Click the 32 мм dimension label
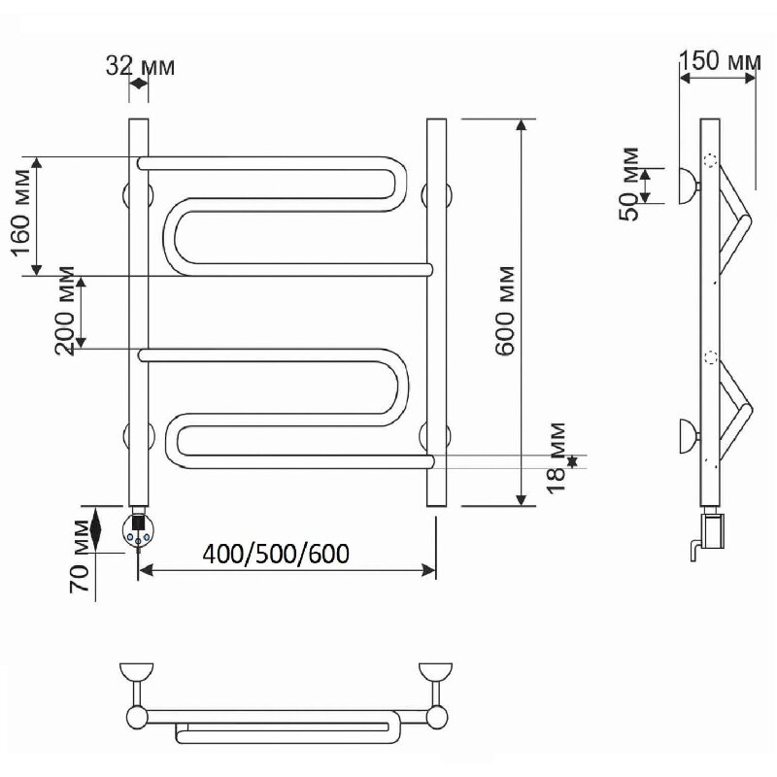click(140, 66)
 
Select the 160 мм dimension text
click(21, 213)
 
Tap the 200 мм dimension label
click(64, 311)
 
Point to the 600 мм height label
click(505, 311)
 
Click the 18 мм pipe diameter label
click(556, 457)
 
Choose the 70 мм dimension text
click(80, 556)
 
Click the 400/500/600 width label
click(276, 554)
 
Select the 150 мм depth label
click(720, 61)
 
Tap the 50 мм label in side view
click(629, 185)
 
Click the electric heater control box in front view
click(138, 530)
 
